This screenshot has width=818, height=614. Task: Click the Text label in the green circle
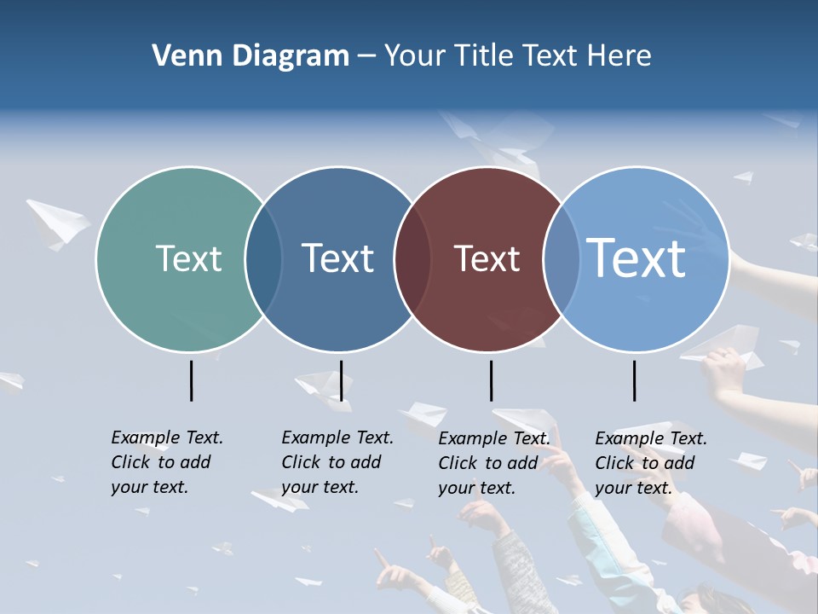tap(188, 258)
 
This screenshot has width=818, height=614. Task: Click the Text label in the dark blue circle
tap(338, 258)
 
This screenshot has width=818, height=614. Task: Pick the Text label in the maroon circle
tap(487, 258)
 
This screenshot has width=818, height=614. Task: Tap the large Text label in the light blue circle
tap(637, 258)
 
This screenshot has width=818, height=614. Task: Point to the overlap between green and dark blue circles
tap(263, 259)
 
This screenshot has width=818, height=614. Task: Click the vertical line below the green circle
tap(191, 380)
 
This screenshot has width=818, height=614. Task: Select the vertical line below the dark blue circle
tap(341, 380)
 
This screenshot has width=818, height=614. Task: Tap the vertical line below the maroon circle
tap(491, 380)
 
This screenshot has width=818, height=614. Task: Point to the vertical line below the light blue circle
tap(634, 380)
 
